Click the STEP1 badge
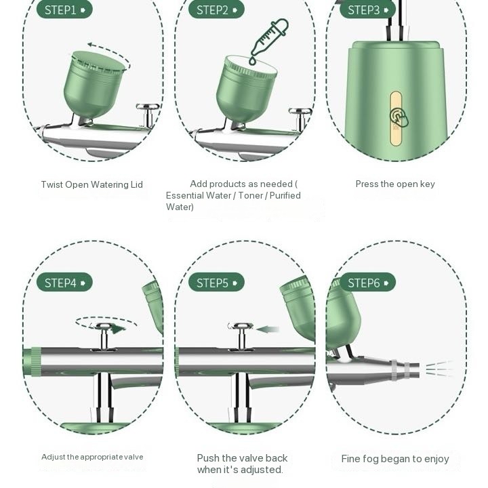64,9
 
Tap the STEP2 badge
216,9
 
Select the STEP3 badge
367,9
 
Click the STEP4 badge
64,282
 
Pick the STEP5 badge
216,282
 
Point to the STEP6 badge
367,282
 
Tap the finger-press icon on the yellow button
399,118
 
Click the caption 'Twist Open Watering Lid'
91,184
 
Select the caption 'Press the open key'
395,184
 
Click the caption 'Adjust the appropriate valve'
92,457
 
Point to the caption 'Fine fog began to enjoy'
395,459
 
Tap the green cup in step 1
94,85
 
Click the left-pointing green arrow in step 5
267,329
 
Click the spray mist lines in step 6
439,369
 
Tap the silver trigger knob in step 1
148,115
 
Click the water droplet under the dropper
252,61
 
